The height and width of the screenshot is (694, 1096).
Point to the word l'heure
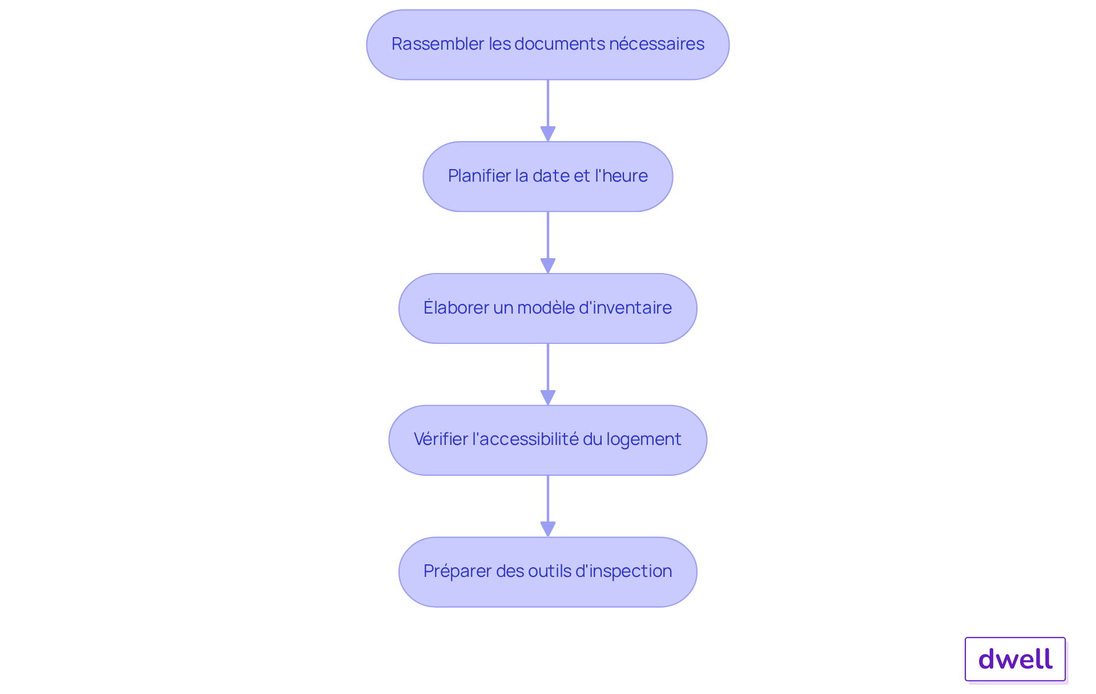[621, 176]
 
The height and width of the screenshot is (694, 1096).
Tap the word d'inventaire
[625, 308]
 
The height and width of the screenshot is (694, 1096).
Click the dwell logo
[1016, 659]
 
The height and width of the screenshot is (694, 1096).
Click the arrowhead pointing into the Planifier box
[548, 134]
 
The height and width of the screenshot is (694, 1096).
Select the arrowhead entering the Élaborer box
[548, 266]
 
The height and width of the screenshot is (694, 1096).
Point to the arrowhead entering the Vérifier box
[548, 398]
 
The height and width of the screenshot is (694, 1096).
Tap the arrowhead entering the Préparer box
[548, 529]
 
